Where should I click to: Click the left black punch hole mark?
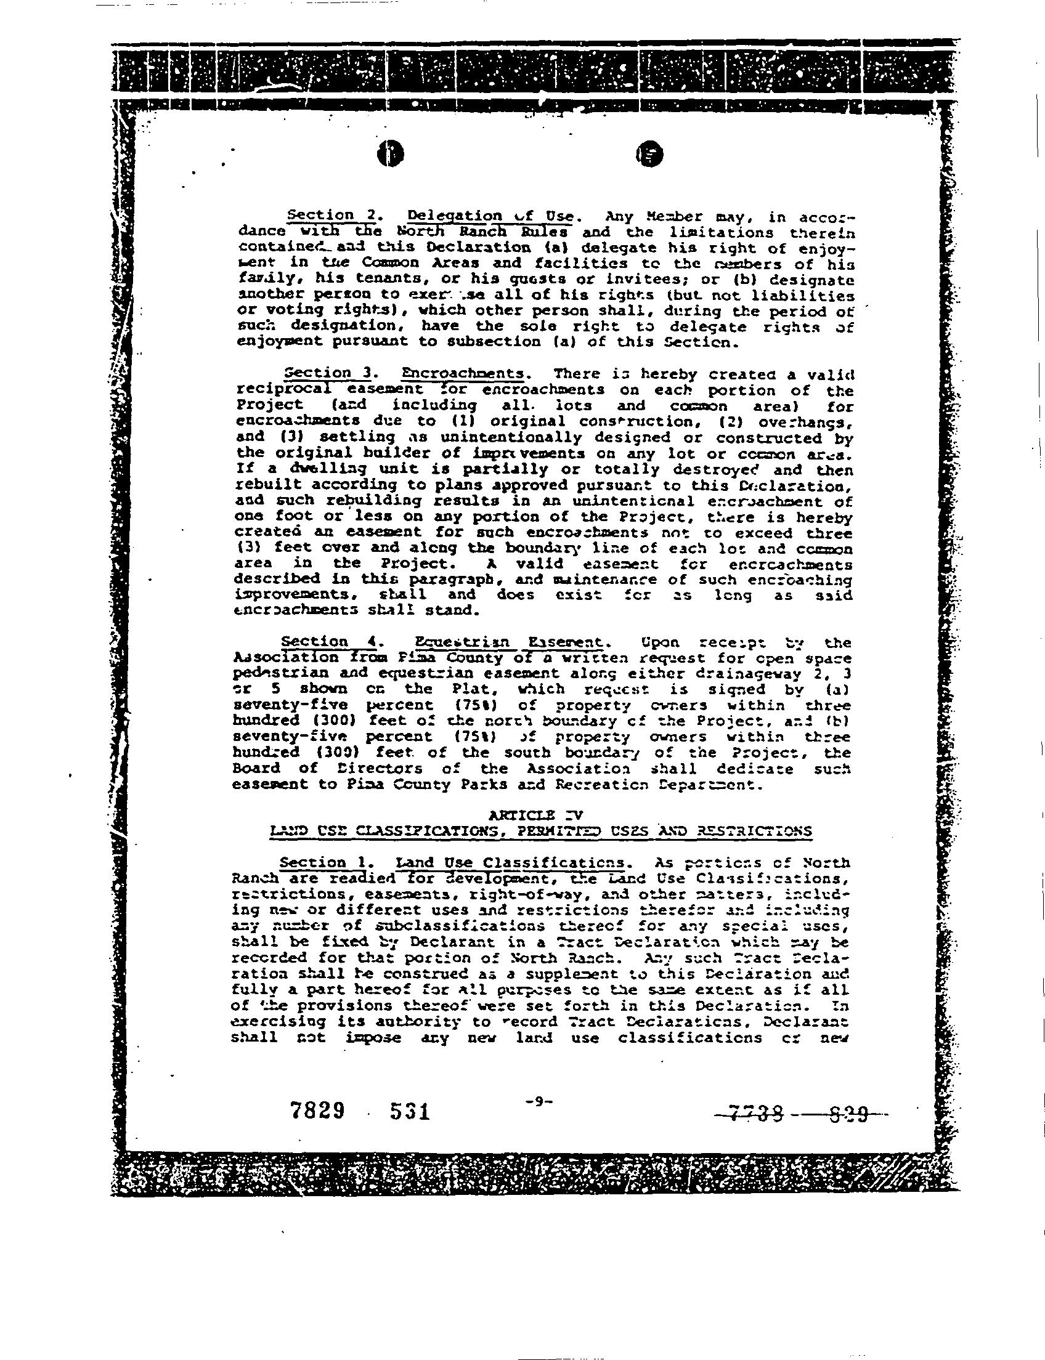(391, 154)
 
